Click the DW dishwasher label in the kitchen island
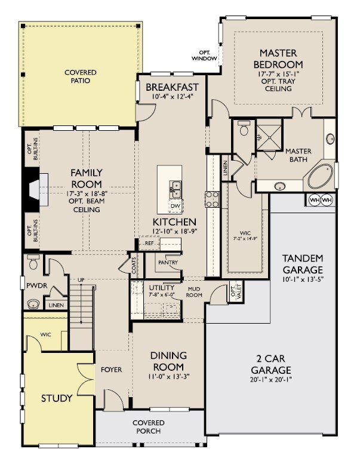[x=176, y=206]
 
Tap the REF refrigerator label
[x=149, y=243]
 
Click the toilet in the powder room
[x=33, y=262]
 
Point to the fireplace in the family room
[x=35, y=189]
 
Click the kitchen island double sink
[x=176, y=190]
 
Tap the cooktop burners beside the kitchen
[x=212, y=199]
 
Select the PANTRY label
[x=168, y=262]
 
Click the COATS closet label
[x=134, y=265]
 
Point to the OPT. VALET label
[x=236, y=291]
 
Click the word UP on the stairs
[x=81, y=279]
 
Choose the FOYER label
[x=111, y=370]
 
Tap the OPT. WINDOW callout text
[x=204, y=56]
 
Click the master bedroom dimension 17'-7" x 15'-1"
[x=278, y=73]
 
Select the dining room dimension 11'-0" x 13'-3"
[x=168, y=376]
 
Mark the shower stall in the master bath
[x=269, y=137]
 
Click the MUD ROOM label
[x=194, y=292]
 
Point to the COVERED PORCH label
[x=149, y=427]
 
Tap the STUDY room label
[x=57, y=398]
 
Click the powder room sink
[x=33, y=303]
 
